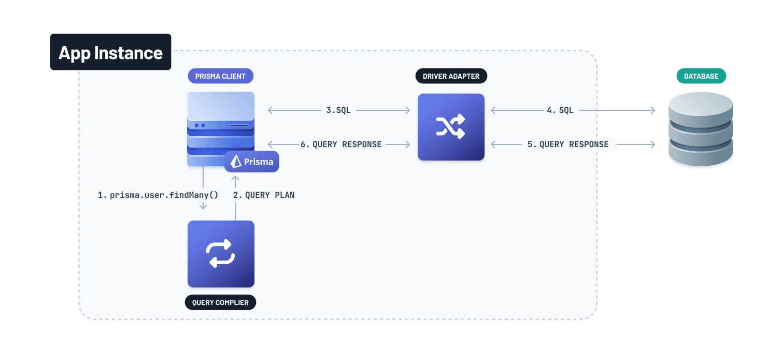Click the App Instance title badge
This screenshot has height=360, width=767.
click(110, 52)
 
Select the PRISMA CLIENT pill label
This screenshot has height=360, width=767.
click(220, 76)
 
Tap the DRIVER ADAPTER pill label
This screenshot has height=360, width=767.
click(451, 76)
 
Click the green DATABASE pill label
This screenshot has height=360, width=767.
click(701, 76)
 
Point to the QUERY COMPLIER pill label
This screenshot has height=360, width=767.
click(220, 303)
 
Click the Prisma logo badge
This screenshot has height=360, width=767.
click(252, 162)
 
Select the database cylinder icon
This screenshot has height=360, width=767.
click(701, 129)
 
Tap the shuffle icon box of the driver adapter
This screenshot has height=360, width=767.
click(451, 127)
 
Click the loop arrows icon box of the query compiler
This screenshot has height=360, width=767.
click(221, 254)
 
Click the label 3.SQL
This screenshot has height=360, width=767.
click(338, 110)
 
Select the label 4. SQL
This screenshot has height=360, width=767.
click(560, 110)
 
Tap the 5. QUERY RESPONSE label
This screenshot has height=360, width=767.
click(568, 145)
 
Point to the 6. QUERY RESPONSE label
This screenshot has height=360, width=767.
click(341, 145)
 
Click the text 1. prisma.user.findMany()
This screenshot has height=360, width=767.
click(158, 195)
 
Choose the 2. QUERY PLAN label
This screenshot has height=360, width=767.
click(264, 195)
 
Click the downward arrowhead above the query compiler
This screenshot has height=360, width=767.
click(203, 207)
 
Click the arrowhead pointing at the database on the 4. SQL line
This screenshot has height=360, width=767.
click(652, 110)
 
